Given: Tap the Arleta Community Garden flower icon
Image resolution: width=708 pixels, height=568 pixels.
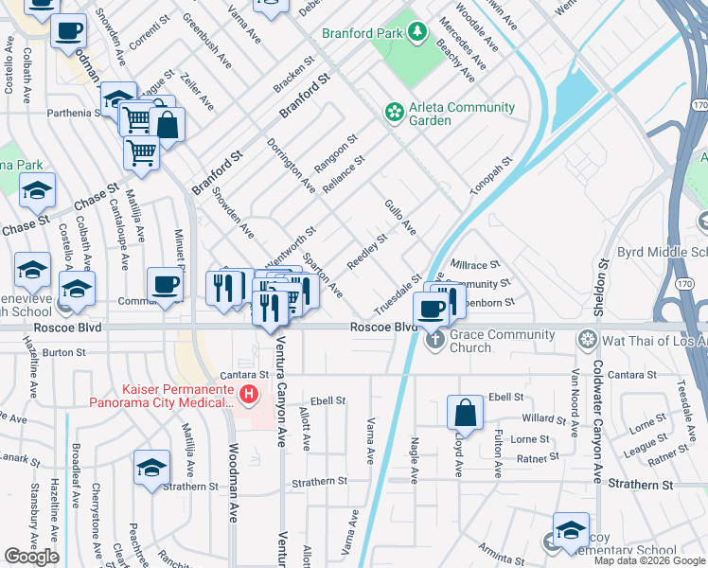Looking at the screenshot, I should [394, 113].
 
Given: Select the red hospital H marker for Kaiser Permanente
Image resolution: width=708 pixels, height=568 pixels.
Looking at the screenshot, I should [248, 393].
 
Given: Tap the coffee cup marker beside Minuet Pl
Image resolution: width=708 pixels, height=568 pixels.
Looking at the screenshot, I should [165, 285].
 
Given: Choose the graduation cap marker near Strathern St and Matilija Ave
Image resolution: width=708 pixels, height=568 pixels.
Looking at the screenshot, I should [150, 469].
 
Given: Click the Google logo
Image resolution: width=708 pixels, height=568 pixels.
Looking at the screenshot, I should [31, 557].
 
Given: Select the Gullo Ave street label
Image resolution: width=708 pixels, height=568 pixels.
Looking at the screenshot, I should [400, 217].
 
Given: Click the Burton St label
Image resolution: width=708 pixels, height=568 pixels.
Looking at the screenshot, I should [64, 351].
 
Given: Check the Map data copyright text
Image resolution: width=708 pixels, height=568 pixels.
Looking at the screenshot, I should [649, 560].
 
